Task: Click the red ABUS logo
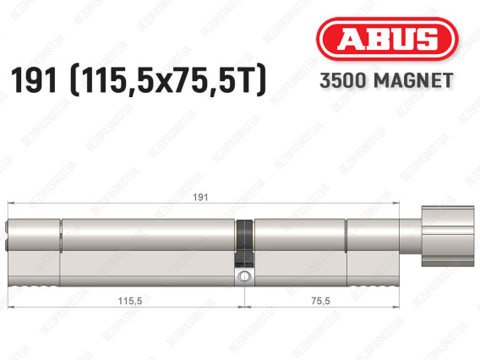(387, 39)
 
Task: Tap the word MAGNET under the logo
(413, 80)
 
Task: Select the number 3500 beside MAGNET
(343, 80)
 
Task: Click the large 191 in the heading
(34, 80)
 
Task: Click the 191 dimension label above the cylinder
(200, 197)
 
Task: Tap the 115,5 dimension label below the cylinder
(130, 301)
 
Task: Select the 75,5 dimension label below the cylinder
(320, 301)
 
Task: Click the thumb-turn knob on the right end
(448, 236)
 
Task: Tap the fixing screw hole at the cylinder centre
(244, 275)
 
